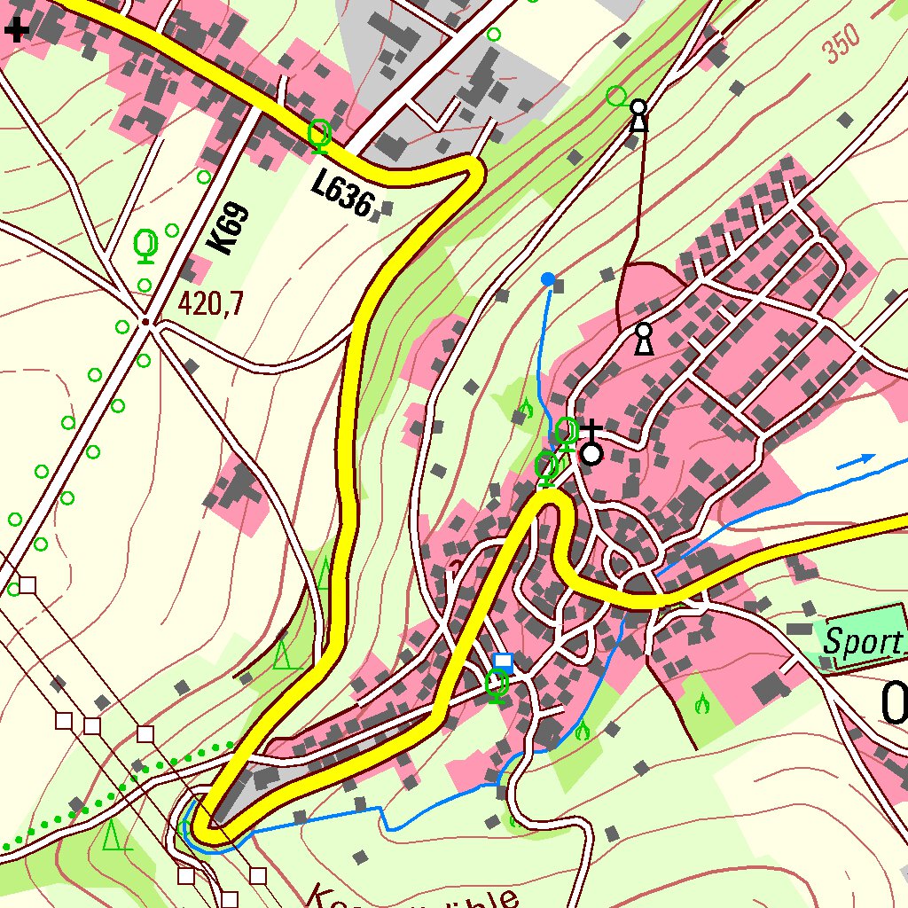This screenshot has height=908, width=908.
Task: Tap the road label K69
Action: (229, 229)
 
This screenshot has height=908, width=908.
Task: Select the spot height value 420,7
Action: (210, 304)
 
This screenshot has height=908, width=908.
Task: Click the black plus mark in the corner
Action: (16, 31)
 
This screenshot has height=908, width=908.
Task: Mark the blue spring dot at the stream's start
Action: (548, 279)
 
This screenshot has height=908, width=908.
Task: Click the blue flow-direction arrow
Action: (856, 460)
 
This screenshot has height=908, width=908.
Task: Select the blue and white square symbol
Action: (503, 661)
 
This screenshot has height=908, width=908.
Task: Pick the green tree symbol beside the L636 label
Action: (319, 135)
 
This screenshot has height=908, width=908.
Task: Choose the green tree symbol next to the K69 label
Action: (145, 245)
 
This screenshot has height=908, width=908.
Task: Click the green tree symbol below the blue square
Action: (497, 685)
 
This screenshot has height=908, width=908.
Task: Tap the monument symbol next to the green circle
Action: (638, 114)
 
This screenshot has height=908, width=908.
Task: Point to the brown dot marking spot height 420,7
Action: (145, 321)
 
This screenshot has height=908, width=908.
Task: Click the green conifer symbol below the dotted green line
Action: (113, 835)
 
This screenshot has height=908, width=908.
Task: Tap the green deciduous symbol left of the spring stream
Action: (526, 408)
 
